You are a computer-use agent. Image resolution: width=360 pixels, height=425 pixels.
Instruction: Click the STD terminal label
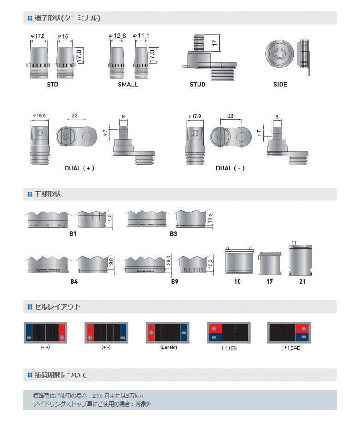(53, 85)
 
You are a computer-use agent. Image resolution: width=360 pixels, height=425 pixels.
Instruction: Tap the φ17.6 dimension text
(38, 36)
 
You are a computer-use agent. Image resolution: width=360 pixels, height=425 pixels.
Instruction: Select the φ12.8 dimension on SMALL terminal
(117, 36)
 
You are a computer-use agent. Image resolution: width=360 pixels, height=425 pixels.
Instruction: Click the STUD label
(198, 85)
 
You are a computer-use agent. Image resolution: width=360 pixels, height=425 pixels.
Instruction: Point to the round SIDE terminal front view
(279, 54)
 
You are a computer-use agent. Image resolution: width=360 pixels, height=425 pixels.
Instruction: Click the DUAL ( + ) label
(79, 168)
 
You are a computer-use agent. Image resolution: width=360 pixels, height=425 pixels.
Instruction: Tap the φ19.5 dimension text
(39, 116)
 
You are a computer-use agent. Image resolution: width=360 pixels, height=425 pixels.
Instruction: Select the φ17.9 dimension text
(195, 116)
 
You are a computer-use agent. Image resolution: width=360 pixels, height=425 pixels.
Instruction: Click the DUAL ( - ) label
(230, 168)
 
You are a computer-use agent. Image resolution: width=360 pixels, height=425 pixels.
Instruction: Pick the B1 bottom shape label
(73, 234)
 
